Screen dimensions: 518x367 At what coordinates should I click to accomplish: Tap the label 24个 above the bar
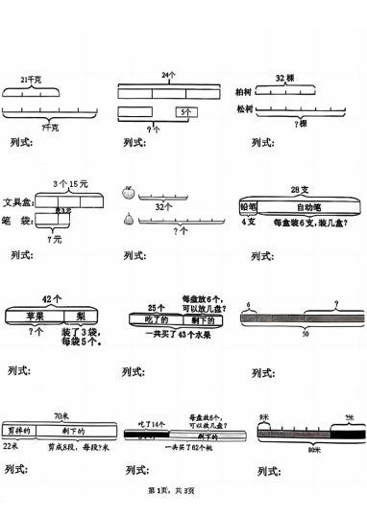click(169, 74)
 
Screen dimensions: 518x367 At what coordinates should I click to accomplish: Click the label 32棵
click(284, 78)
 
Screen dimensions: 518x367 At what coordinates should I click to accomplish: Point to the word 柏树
click(245, 92)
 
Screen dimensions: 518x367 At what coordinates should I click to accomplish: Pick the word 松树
click(245, 110)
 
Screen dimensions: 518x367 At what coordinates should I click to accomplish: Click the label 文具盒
click(19, 202)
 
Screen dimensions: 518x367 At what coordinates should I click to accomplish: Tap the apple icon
click(128, 193)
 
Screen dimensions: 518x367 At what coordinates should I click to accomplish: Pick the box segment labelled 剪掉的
click(18, 430)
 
